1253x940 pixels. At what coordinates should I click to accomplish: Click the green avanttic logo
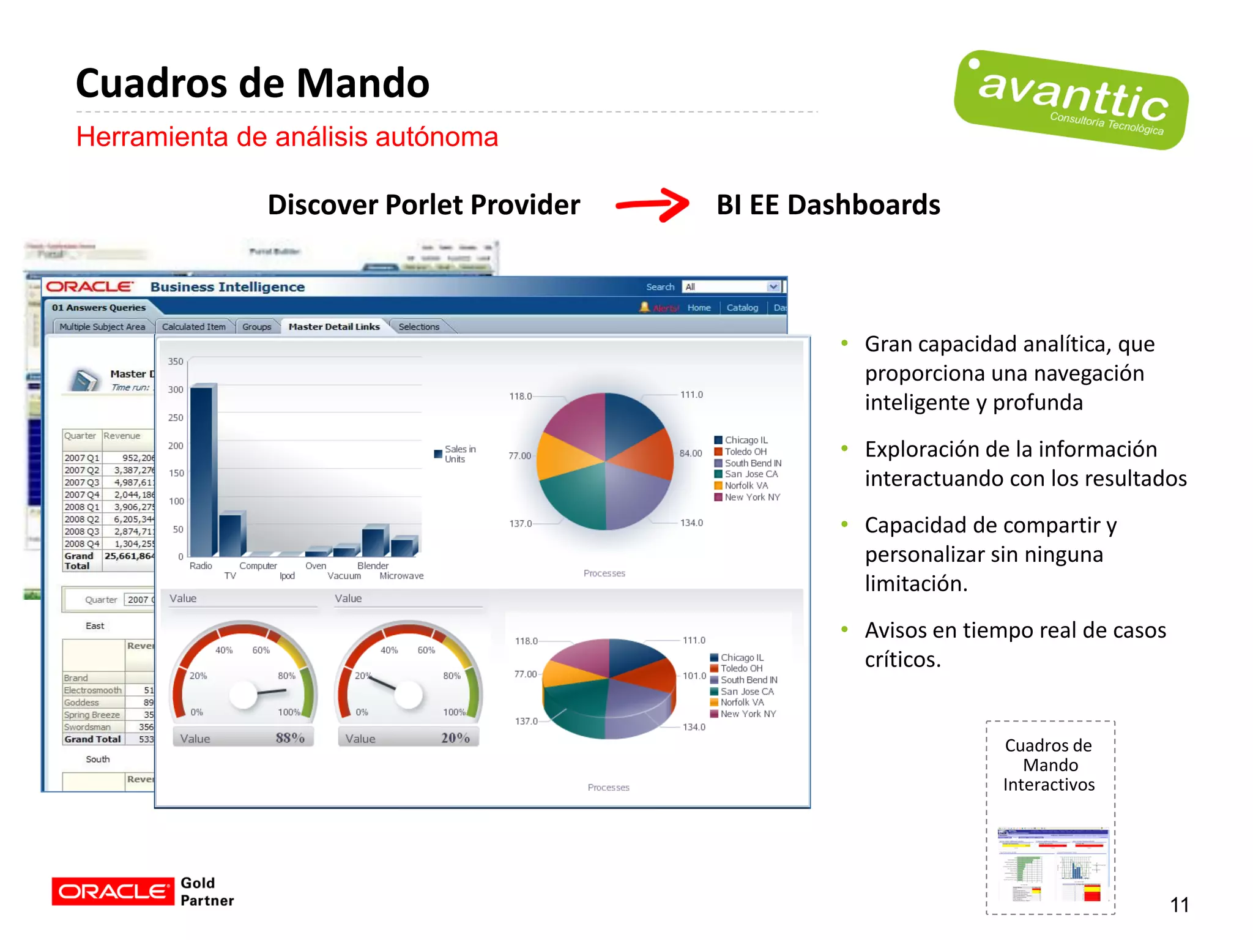point(1071,100)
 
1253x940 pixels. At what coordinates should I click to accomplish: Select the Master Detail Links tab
point(334,327)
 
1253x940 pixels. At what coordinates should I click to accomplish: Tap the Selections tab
point(419,327)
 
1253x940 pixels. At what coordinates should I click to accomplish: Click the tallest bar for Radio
point(202,471)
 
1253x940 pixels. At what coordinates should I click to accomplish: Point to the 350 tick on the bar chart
point(176,362)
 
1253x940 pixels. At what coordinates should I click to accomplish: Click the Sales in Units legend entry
point(455,454)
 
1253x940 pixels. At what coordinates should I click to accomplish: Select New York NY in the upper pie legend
point(752,498)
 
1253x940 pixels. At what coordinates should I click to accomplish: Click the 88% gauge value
point(289,738)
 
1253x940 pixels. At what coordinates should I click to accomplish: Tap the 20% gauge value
point(455,738)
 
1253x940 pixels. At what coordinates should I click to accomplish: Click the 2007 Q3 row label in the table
point(82,483)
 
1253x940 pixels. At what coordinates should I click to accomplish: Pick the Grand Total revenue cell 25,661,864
point(128,556)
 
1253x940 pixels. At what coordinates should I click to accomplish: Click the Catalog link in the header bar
point(742,308)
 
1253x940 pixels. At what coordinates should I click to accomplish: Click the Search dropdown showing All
point(731,287)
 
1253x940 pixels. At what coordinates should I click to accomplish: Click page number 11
point(1179,905)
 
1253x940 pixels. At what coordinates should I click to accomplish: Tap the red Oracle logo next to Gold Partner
point(113,892)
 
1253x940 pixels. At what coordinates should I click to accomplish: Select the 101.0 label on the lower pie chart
point(694,676)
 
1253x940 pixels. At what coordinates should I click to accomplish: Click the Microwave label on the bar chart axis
point(401,576)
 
